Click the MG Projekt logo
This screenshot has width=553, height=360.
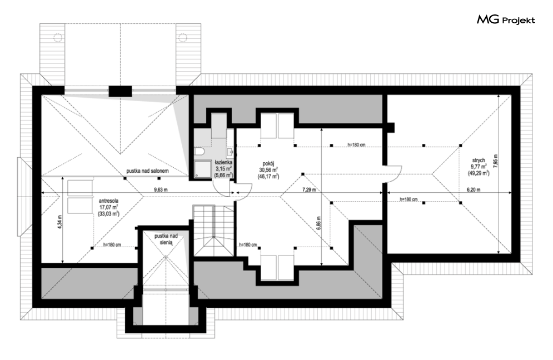[x=506, y=20]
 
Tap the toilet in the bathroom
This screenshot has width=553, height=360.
[x=200, y=151]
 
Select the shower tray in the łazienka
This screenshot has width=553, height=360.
[x=202, y=169]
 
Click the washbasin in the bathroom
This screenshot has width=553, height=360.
[x=231, y=152]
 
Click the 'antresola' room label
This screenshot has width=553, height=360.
[x=108, y=201]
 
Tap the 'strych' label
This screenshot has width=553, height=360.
[x=479, y=161]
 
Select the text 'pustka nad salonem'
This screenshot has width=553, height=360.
[x=147, y=171]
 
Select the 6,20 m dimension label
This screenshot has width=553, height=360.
[x=474, y=189]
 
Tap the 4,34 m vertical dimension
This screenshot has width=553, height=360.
[x=60, y=222]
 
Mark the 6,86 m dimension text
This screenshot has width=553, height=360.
[x=318, y=223]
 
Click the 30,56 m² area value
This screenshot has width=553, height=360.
[x=268, y=169]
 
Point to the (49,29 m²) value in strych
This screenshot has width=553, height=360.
[x=479, y=173]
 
